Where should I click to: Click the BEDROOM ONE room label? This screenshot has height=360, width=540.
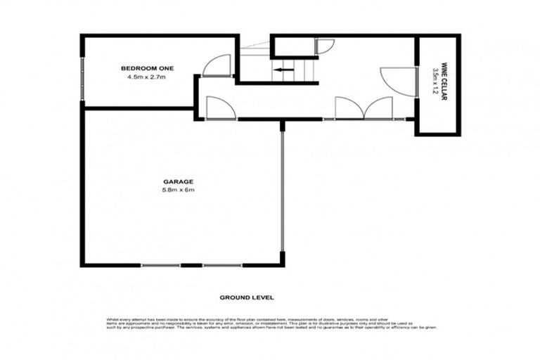pyautogui.click(x=147, y=68)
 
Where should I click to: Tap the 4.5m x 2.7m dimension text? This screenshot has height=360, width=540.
pyautogui.click(x=146, y=77)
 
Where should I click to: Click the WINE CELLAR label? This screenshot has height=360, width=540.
pyautogui.click(x=444, y=82)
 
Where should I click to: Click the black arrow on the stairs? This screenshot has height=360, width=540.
pyautogui.click(x=284, y=70)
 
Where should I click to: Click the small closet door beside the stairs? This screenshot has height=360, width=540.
pyautogui.click(x=325, y=46)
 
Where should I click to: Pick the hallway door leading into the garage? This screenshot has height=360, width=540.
pyautogui.click(x=217, y=108)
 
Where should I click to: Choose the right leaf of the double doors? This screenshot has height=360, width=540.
pyautogui.click(x=378, y=108)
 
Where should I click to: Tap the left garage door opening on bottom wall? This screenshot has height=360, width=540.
pyautogui.click(x=161, y=265)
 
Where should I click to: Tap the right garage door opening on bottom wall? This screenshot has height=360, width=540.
pyautogui.click(x=223, y=265)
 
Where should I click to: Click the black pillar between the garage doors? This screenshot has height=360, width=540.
pyautogui.click(x=190, y=265)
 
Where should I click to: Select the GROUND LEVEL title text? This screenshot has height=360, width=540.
pyautogui.click(x=240, y=297)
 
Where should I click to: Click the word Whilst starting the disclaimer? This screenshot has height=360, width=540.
pyautogui.click(x=112, y=318)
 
